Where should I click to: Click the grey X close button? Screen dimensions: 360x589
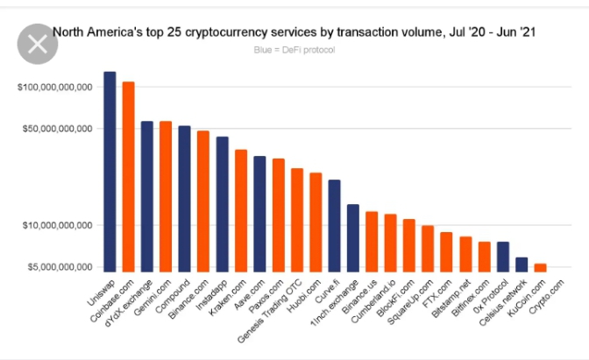tap(38, 45)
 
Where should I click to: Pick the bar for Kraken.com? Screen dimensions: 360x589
tap(241, 209)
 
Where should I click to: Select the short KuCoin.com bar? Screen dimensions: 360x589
tap(540, 266)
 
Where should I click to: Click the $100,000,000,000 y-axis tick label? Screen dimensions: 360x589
tap(55, 88)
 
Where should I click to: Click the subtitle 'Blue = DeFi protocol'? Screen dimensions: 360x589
tap(294, 49)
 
